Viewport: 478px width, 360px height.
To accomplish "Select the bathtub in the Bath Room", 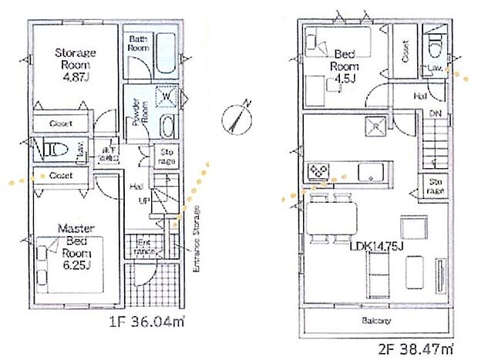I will pos(165,54).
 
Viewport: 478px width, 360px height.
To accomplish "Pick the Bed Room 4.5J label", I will pos(345,66).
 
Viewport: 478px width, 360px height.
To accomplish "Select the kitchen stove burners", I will pos(318,170).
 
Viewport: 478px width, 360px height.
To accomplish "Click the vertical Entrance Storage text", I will pos(197,239).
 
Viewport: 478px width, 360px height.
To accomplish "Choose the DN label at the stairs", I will pos(435,113).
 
